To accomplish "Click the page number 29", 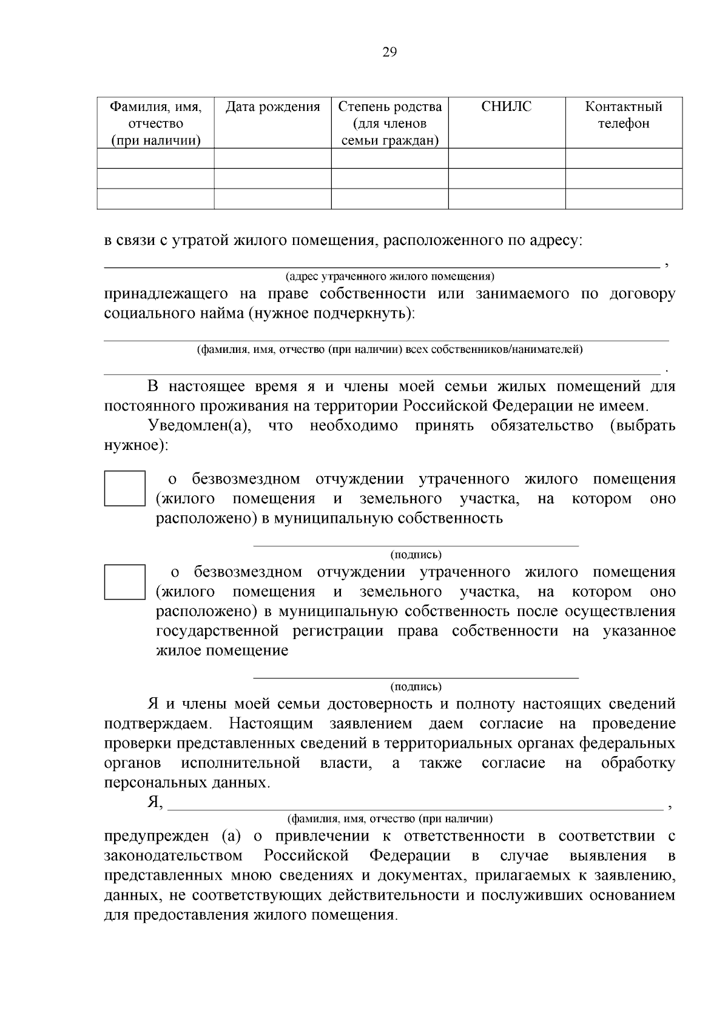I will coord(389,52).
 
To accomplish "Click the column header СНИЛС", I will coord(506,107).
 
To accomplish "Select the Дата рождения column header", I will coord(272,107).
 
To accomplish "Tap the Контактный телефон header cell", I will coord(623,115).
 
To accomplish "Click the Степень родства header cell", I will coord(389,124).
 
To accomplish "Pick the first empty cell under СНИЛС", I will coord(507,158).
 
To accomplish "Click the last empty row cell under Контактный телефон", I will coord(623,199).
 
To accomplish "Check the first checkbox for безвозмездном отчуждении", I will coord(124,488).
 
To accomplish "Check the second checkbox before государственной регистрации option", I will coord(124,582).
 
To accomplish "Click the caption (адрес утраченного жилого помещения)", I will coord(389,277).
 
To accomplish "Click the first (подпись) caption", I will coord(416,554).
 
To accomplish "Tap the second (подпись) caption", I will coord(416,686).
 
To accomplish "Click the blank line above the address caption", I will coord(382,264).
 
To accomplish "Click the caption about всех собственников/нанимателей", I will coord(389,349).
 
